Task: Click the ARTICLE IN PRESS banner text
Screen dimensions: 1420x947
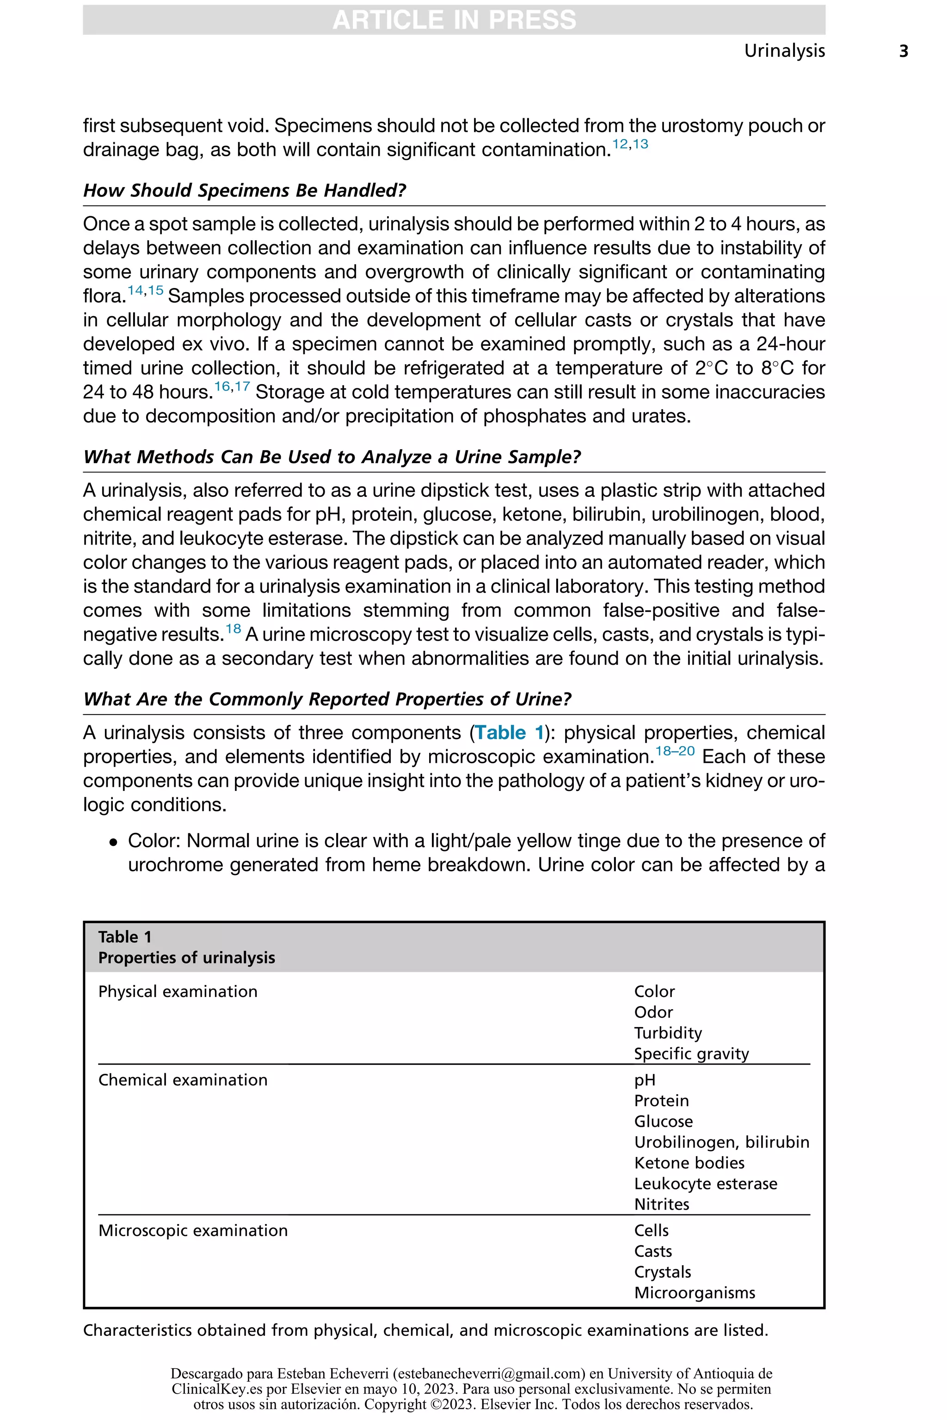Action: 454,20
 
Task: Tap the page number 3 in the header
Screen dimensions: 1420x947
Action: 904,51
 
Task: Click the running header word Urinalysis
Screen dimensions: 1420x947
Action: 784,51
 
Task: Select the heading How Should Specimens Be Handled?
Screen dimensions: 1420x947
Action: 244,191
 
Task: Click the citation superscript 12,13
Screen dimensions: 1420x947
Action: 630,144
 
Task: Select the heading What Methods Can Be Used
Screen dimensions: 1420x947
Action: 332,457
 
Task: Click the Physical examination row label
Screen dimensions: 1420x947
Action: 178,992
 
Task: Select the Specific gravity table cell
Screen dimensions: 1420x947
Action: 691,1054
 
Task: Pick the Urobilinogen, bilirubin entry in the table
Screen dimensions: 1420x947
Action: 721,1142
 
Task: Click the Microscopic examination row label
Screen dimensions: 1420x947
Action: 193,1231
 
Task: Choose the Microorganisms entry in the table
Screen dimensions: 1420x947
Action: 695,1293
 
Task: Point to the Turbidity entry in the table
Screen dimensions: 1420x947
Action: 667,1033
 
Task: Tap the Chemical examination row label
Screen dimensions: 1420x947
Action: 182,1080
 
